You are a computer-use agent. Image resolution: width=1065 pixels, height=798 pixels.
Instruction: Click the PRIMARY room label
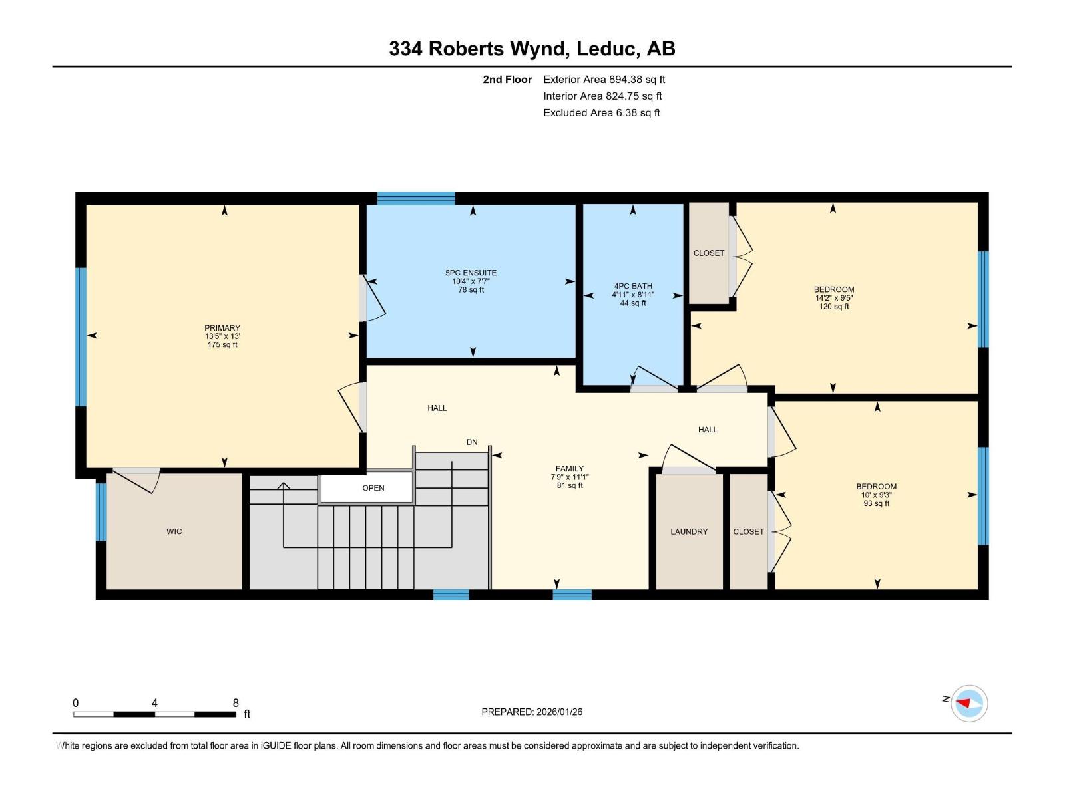[x=222, y=328]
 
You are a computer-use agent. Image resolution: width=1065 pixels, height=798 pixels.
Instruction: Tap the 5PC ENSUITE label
[x=471, y=273]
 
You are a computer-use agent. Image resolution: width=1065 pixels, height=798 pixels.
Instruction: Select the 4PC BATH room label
[x=633, y=286]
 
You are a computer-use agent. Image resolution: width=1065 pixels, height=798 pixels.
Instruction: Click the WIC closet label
[x=174, y=531]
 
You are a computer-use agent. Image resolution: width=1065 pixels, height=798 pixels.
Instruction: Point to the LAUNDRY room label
[x=689, y=531]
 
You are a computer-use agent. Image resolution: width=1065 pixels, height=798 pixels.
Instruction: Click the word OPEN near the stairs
[x=373, y=488]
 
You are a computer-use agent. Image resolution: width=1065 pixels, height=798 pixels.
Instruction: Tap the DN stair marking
[x=472, y=442]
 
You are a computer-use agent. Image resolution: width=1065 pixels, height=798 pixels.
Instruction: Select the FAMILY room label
[x=570, y=469]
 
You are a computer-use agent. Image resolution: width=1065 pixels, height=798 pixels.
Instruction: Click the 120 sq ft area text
[x=833, y=307]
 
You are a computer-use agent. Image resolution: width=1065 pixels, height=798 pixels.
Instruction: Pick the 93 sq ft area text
[x=876, y=503]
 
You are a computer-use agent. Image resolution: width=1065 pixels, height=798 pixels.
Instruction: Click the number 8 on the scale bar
[x=236, y=703]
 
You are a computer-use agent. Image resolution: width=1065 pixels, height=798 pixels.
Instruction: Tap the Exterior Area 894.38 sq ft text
[x=604, y=80]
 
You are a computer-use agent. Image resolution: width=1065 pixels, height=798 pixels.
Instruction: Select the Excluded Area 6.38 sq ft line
[x=601, y=113]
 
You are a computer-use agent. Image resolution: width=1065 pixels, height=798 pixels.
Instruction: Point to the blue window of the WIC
[x=101, y=511]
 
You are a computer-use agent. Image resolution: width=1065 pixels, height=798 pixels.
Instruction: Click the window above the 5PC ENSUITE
[x=416, y=198]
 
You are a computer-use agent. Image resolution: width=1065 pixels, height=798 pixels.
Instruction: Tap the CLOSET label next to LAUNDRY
[x=748, y=531]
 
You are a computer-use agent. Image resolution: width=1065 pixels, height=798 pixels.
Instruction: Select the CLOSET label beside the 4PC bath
[x=708, y=253]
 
